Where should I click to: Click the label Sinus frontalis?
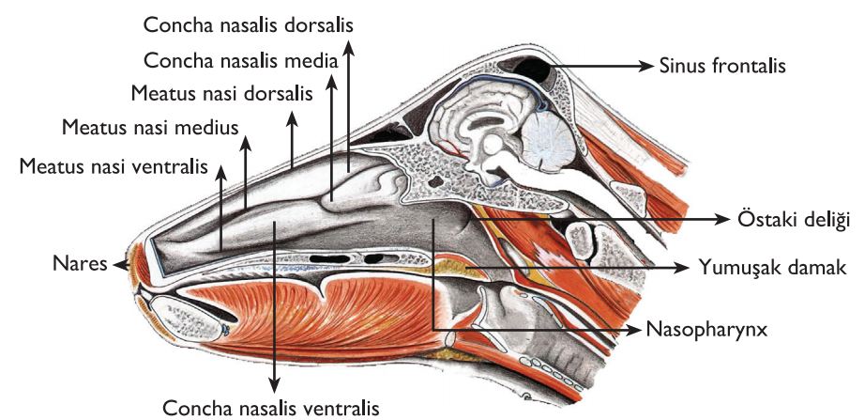pyautogui.click(x=722, y=66)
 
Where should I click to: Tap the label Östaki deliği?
pyautogui.click(x=793, y=220)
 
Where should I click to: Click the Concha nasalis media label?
pyautogui.click(x=240, y=60)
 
